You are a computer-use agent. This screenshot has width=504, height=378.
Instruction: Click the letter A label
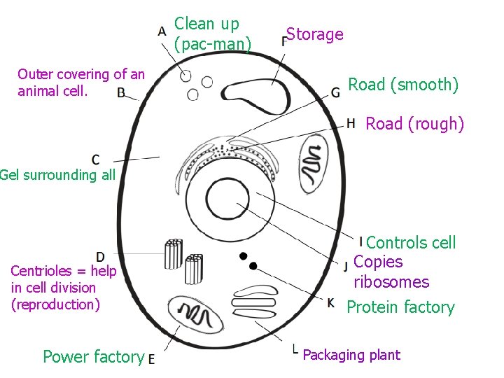[162, 31]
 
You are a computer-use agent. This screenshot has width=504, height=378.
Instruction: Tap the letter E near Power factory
[152, 358]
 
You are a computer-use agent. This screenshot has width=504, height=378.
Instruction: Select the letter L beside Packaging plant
[295, 348]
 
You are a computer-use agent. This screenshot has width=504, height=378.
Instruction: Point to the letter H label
[351, 124]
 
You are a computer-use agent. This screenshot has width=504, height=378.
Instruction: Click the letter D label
[101, 258]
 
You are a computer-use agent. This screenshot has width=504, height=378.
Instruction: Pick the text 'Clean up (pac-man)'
[212, 34]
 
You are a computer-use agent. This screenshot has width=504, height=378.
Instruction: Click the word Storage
[315, 34]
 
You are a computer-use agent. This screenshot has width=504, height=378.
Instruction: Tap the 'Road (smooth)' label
[403, 85]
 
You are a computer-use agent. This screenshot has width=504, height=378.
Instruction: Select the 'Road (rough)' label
[415, 125]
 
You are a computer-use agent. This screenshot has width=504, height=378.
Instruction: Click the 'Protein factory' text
[400, 307]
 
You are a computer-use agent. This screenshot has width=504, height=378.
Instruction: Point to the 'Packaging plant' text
[351, 356]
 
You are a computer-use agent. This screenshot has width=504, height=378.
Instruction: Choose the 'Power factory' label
[93, 357]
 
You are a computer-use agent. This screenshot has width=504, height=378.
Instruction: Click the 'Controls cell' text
[411, 243]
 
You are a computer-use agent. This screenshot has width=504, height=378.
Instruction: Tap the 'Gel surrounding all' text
[57, 175]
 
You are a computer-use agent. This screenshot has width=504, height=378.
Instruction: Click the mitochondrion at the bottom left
[195, 314]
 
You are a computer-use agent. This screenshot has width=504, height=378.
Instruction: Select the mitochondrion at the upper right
[313, 164]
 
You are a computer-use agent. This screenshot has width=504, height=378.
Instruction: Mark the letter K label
[330, 303]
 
